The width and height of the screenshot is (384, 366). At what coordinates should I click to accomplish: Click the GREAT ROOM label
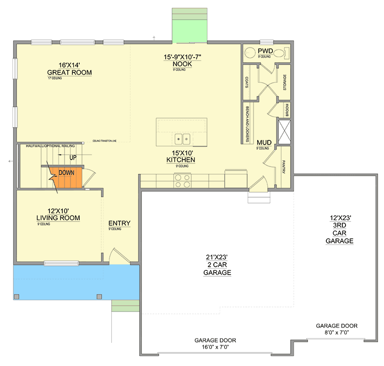coord(70,72)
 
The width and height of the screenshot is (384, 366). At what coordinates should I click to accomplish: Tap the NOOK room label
coord(179,64)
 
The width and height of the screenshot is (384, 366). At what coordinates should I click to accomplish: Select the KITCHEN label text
coord(181,160)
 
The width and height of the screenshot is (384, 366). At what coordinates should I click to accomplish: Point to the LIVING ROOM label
coord(58,218)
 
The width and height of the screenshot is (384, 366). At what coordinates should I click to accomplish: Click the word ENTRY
coord(119,223)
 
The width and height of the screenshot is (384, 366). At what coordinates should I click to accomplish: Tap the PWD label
coord(265,50)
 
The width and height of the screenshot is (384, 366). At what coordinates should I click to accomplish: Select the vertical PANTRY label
coord(284,167)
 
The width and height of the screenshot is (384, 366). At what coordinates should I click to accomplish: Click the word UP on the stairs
coord(73,157)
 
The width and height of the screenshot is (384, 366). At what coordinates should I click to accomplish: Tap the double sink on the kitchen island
coord(184,138)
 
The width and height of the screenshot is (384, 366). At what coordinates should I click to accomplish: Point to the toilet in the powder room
coord(286,52)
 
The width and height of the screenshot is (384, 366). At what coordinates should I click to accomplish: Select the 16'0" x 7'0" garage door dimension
coord(215,347)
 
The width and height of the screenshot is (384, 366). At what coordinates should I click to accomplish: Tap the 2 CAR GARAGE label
coord(217,265)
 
